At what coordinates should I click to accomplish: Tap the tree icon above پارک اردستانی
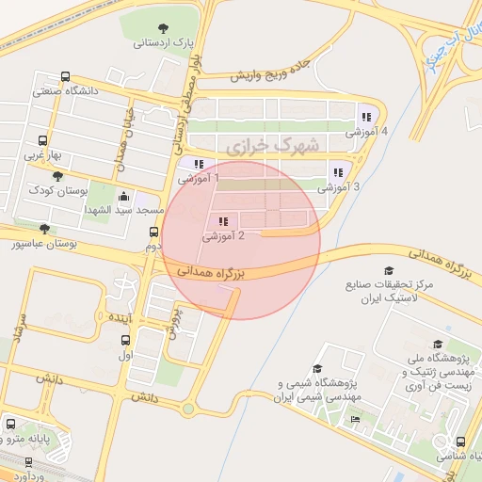pos(165,26)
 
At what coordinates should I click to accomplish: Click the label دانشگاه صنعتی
pos(67,91)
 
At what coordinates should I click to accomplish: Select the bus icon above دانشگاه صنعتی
pos(65,77)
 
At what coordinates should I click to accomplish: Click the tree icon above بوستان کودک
pos(57,175)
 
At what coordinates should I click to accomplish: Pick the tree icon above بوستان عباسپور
pos(44,228)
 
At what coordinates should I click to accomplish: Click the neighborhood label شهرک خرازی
pos(261,146)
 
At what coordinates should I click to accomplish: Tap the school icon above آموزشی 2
pos(223,221)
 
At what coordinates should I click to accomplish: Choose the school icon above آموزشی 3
pos(337,172)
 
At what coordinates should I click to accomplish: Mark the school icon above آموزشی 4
pos(364,117)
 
